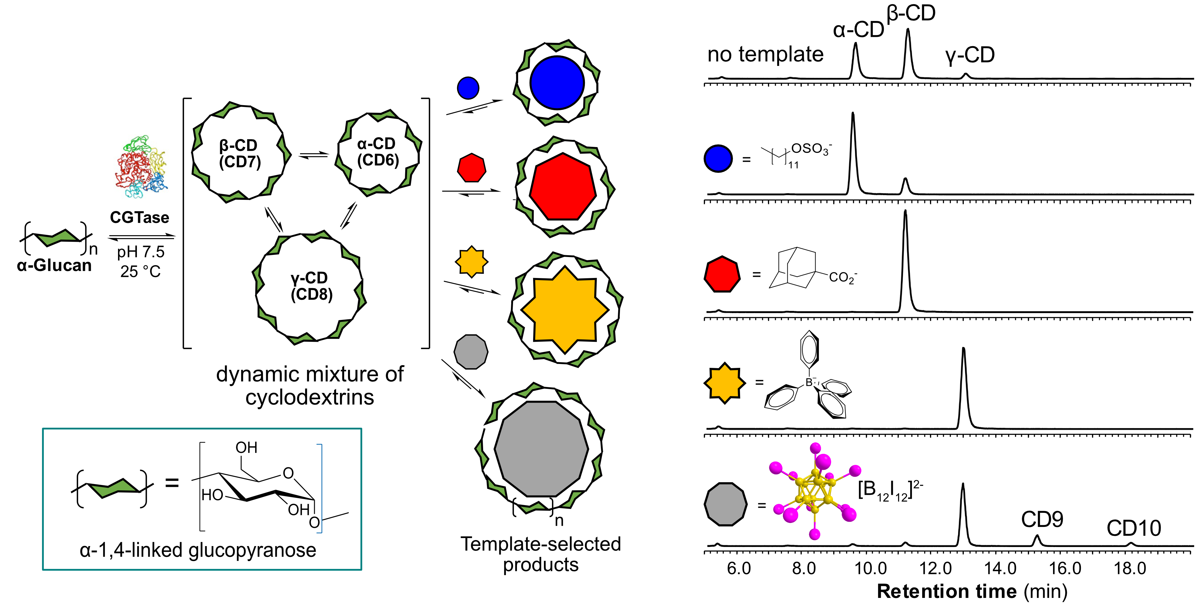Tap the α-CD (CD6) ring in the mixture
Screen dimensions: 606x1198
[x=378, y=152]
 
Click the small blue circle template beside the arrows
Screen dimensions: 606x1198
[x=468, y=88]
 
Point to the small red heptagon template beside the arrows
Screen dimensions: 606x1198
[x=472, y=168]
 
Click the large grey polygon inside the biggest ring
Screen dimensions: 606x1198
[x=541, y=449]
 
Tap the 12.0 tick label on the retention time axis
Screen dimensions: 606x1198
[x=935, y=568]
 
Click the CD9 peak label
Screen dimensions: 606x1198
[x=1042, y=519]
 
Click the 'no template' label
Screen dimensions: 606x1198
[x=765, y=55]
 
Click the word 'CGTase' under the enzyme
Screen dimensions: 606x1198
[x=140, y=217]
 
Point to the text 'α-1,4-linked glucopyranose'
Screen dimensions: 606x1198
[x=198, y=550]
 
